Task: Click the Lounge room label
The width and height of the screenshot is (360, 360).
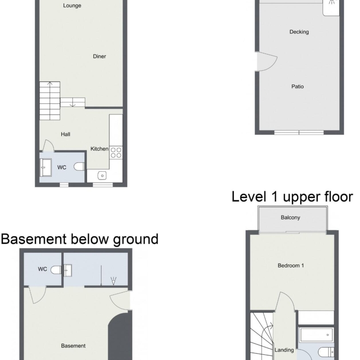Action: coord(72,6)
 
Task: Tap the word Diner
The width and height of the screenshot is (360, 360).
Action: coord(99,56)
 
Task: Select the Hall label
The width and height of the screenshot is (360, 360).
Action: coord(66,134)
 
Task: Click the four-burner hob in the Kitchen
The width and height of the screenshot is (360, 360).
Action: coord(116,153)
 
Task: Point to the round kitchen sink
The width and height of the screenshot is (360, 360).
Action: coord(102,176)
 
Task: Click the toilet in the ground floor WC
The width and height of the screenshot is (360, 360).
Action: coord(79,167)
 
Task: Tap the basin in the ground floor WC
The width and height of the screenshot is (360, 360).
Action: coord(45,168)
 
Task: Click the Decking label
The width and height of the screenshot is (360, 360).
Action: coord(299,32)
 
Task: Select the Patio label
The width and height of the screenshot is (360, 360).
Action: coord(298,87)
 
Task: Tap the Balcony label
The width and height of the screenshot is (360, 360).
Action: coord(290,217)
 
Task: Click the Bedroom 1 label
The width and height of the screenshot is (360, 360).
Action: coord(291,266)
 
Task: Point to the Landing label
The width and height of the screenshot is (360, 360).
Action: coord(284,350)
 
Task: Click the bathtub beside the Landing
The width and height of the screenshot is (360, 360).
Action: coord(316,335)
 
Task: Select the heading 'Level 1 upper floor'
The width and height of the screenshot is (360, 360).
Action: coord(292,197)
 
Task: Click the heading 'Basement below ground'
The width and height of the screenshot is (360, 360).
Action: coord(80,239)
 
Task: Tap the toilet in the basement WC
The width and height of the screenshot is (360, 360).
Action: coord(56,270)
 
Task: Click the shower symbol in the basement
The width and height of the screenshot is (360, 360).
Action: coord(114,281)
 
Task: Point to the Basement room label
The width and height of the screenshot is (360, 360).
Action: coord(73,346)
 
